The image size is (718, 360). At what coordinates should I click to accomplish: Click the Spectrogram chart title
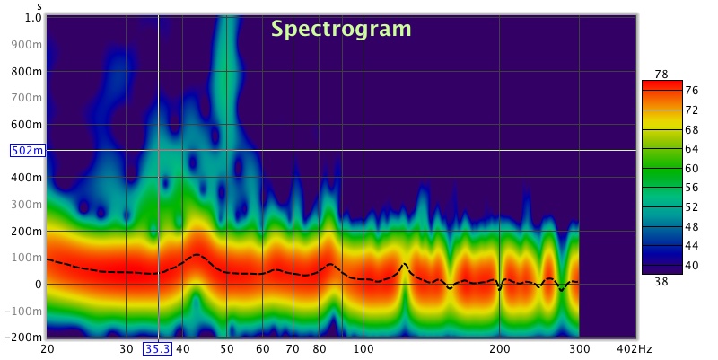coord(341,29)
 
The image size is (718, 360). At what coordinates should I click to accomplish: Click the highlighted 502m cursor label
coord(25,150)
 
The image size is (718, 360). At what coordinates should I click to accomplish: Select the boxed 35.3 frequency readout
coord(158,348)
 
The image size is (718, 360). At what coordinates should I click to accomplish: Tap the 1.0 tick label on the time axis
coord(32,17)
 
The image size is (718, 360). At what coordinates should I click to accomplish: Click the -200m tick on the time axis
coord(24,338)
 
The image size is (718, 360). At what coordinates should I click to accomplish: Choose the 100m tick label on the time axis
coord(29,258)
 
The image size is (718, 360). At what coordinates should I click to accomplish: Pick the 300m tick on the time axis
coord(29,204)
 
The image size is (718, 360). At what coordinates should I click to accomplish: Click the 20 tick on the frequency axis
coord(47,348)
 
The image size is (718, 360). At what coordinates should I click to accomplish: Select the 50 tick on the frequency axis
coord(227,348)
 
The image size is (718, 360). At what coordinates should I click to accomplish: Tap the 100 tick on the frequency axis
coord(363,348)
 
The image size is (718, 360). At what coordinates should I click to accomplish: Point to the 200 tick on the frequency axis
coord(499,348)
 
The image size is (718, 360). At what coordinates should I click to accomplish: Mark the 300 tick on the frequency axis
coord(579,348)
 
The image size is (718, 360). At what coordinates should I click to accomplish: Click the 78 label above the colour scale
coord(661,74)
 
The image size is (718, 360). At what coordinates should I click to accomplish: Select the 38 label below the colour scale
coord(661,281)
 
